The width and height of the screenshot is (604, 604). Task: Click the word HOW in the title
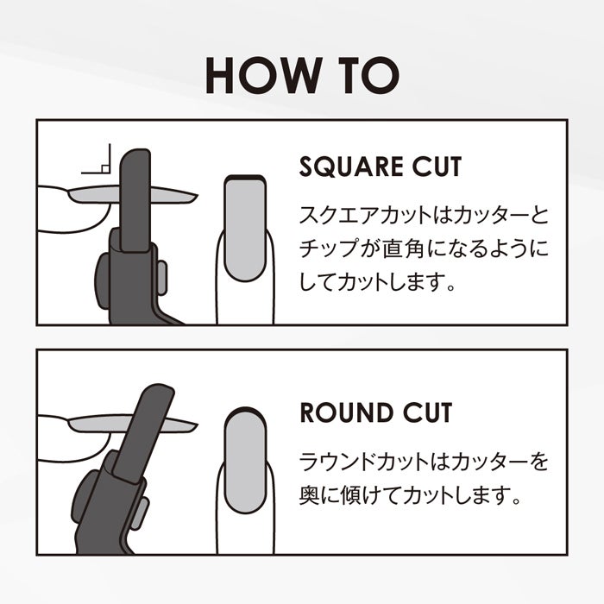(264, 75)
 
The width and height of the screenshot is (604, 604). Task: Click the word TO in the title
(368, 75)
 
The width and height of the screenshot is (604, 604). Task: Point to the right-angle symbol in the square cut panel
(97, 159)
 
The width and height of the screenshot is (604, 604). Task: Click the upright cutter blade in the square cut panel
(135, 200)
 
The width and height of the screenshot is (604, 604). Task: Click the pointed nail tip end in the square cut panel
(198, 196)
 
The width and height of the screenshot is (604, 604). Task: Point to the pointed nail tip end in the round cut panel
(198, 425)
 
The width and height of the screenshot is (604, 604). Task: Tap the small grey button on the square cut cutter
(162, 278)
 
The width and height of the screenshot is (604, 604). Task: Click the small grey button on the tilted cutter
(140, 514)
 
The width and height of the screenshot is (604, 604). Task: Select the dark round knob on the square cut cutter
(103, 280)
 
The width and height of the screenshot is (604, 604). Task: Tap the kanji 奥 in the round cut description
(309, 495)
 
